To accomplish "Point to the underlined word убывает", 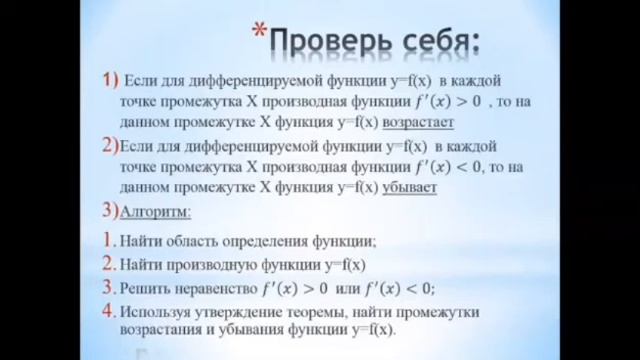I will click(x=409, y=187).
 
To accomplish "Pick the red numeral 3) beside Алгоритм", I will click(x=109, y=211).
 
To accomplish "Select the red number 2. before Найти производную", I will click(x=107, y=264).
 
